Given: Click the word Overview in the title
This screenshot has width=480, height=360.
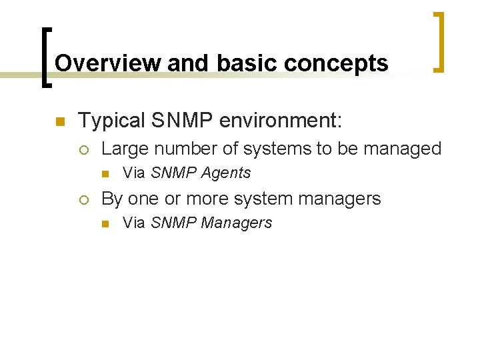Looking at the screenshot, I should pos(108,63).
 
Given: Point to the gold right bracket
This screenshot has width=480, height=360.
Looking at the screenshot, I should pos(439,41).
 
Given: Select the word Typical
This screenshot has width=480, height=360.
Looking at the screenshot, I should pos(111,121).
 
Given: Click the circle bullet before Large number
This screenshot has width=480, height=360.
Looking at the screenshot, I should pos(83,149).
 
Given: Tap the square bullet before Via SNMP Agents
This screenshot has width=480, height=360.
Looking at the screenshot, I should pos(105,173).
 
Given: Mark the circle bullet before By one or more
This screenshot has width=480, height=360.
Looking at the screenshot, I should pos(83,199).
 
